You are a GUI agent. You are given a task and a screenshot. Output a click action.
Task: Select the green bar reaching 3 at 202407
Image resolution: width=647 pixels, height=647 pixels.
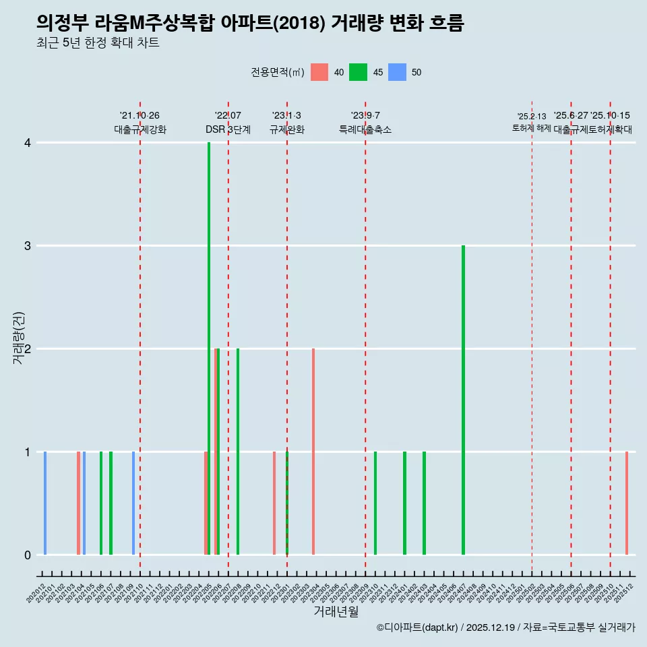point(463,400)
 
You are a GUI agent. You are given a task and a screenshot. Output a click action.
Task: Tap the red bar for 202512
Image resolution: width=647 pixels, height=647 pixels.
point(627,503)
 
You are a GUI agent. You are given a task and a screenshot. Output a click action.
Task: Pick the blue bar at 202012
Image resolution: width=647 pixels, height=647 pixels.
point(45,503)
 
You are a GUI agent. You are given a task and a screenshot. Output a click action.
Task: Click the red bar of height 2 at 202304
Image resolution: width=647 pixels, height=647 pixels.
point(313,452)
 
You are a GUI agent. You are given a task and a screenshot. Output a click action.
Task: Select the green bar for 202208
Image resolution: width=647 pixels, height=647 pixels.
point(238,452)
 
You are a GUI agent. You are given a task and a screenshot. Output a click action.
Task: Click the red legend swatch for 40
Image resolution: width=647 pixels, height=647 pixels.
point(319,72)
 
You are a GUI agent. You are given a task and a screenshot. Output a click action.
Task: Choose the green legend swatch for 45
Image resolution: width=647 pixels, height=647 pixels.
point(358,72)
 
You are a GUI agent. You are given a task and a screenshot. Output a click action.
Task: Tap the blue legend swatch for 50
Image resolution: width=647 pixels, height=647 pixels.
point(397,72)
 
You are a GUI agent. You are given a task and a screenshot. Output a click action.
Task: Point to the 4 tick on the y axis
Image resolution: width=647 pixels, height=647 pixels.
point(28,143)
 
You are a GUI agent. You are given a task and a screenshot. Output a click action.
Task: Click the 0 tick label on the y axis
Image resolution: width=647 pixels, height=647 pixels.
point(28,555)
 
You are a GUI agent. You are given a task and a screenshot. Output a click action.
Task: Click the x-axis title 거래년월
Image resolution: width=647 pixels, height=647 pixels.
point(336,612)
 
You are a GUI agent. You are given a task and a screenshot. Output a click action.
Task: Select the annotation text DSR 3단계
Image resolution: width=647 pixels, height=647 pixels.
point(228,129)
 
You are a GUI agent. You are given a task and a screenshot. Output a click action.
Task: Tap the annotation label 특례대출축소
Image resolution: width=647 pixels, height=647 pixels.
point(365,129)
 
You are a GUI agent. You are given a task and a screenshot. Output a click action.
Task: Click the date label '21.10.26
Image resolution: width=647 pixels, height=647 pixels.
point(140,116)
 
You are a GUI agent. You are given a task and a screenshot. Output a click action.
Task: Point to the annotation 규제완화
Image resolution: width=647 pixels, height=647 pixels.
point(287,129)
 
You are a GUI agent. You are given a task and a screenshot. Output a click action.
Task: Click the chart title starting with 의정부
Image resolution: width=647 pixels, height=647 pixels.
point(250,23)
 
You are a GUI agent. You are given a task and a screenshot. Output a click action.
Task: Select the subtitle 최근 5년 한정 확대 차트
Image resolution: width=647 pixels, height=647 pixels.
point(98,44)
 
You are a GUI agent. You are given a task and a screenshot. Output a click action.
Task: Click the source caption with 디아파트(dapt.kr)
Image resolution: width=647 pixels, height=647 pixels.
point(505,627)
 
